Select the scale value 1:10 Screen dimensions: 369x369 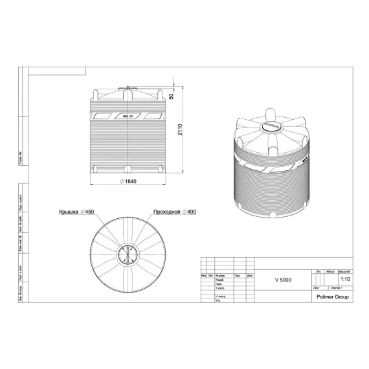pyautogui.click(x=345, y=279)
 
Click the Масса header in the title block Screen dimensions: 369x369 pyautogui.click(x=330, y=272)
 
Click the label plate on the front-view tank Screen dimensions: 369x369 pyautogui.click(x=126, y=115)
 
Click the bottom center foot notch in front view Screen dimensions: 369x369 pyautogui.click(x=126, y=171)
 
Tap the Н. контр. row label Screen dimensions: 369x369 pyautogui.click(x=221, y=296)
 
